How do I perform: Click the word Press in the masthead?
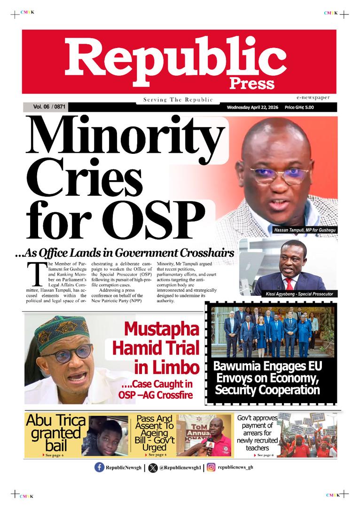252,83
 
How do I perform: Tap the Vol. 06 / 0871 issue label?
49,107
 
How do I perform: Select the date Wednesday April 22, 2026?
252,108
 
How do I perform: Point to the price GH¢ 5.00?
299,108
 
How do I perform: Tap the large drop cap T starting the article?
36,273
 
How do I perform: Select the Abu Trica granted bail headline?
55,433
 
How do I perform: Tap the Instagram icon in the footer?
211,467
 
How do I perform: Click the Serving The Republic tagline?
175,100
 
